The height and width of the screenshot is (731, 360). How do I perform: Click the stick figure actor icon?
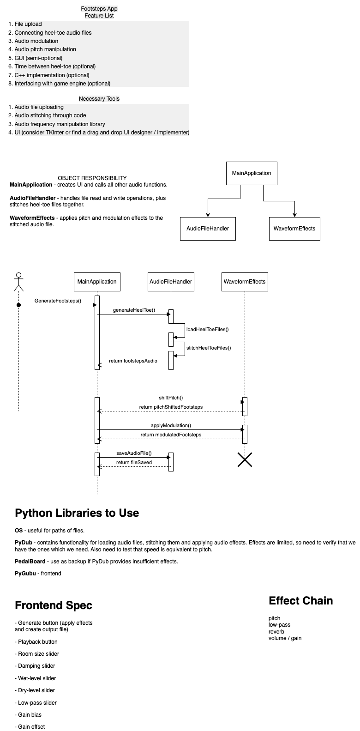point(18,282)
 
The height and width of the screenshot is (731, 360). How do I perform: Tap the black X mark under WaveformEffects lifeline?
point(245,459)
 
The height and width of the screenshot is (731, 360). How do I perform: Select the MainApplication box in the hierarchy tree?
point(252,174)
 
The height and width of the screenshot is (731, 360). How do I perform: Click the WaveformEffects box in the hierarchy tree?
point(294,229)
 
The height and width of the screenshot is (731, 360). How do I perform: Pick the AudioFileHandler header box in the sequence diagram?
point(171,282)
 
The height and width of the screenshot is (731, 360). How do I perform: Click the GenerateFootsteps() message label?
point(58,301)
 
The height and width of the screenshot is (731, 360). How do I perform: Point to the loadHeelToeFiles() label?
point(207,329)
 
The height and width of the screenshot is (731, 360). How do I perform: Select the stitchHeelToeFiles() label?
point(208,348)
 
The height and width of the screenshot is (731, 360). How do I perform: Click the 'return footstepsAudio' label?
point(133,361)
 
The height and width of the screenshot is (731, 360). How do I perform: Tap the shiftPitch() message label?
point(171,398)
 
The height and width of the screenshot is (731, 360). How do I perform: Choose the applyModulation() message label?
point(171,425)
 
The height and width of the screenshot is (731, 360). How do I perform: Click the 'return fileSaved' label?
point(134,462)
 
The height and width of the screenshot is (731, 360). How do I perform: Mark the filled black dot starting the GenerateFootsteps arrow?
point(18,305)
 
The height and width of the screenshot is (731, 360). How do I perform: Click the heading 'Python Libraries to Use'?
point(77,513)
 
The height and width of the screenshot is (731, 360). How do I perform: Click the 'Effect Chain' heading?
point(300,601)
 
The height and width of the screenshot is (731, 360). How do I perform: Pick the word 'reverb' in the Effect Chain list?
point(276,632)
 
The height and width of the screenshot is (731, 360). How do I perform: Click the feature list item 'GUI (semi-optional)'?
point(38,58)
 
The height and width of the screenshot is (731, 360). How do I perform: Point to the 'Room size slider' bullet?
point(38,654)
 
